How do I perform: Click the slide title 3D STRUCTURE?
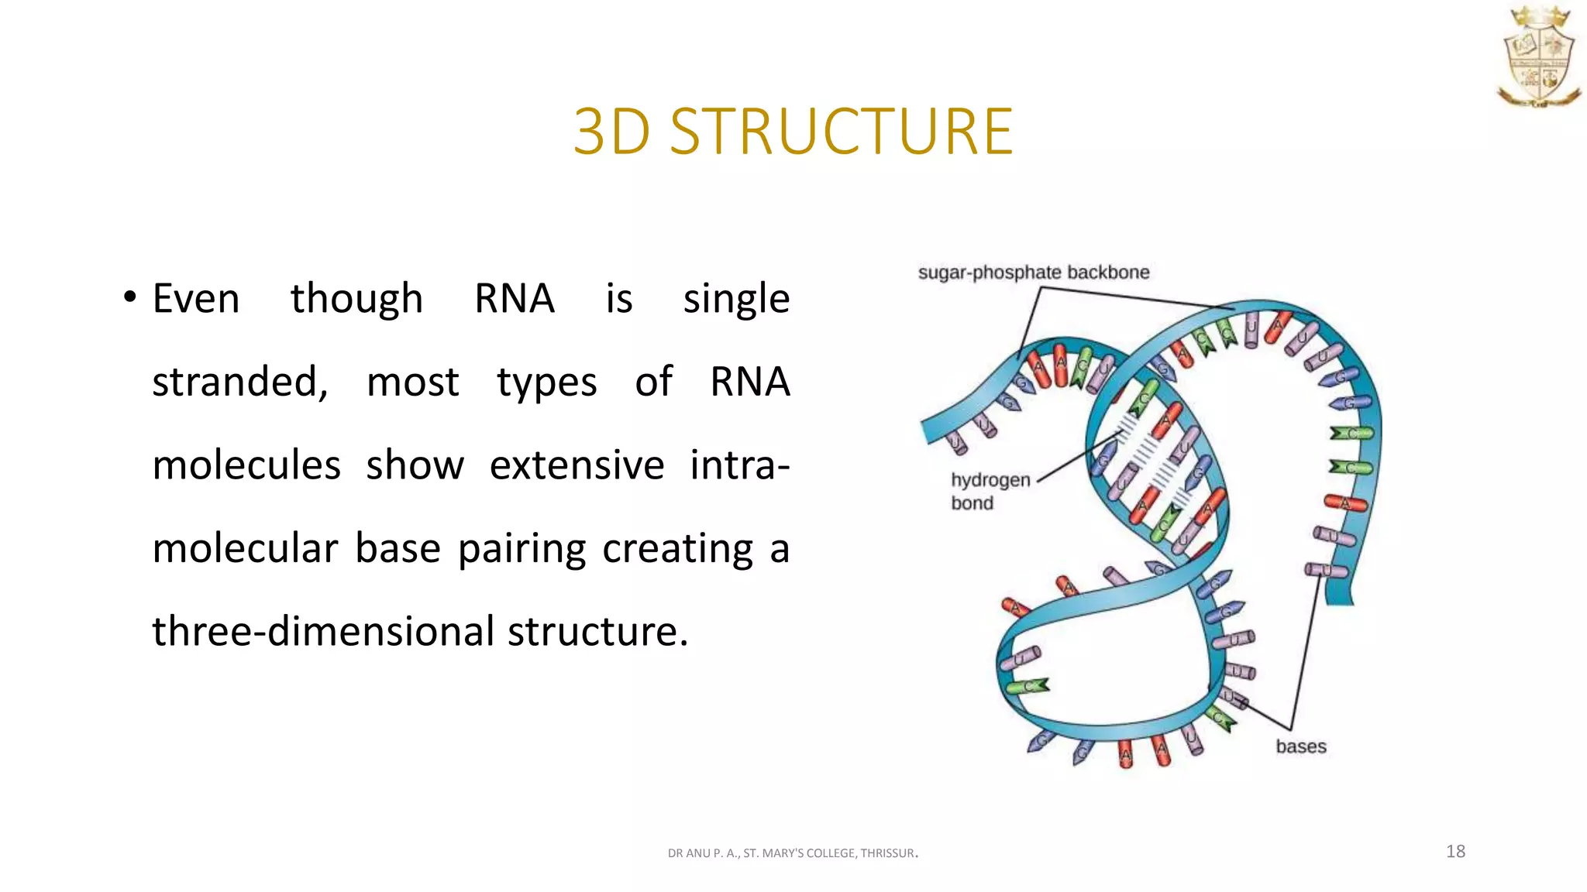click(x=793, y=132)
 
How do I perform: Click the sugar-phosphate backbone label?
click(x=1033, y=273)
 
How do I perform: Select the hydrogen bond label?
click(x=990, y=491)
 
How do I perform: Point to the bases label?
click(x=1300, y=746)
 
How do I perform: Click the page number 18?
click(x=1455, y=852)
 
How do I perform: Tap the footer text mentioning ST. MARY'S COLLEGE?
click(x=792, y=853)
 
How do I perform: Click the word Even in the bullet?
click(x=196, y=299)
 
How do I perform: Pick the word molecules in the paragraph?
click(x=246, y=465)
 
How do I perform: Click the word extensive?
click(x=577, y=465)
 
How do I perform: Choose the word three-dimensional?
click(x=322, y=632)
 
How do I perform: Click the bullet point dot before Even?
click(x=129, y=297)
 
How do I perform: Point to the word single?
click(x=736, y=300)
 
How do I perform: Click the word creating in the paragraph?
click(x=677, y=550)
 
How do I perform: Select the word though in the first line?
click(x=356, y=299)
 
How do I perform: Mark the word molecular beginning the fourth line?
click(x=245, y=548)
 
